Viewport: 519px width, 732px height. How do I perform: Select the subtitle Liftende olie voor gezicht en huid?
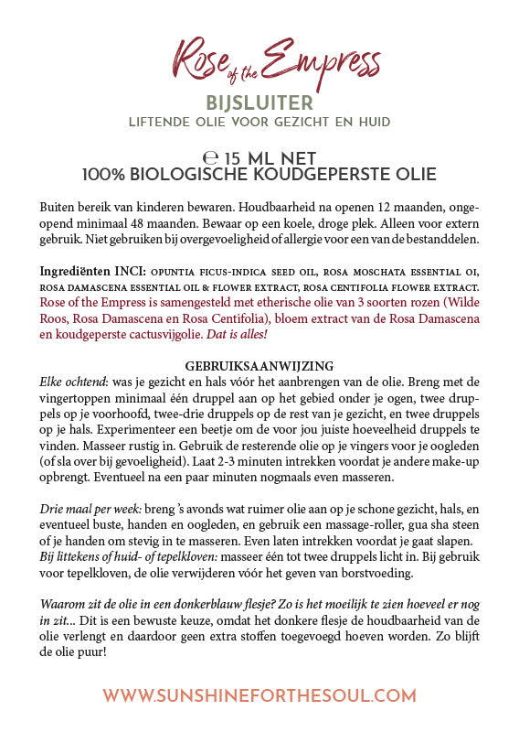pyautogui.click(x=259, y=122)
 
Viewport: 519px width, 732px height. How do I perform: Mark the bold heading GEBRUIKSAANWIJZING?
pyautogui.click(x=259, y=365)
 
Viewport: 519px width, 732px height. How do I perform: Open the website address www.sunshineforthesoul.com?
pyautogui.click(x=259, y=695)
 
